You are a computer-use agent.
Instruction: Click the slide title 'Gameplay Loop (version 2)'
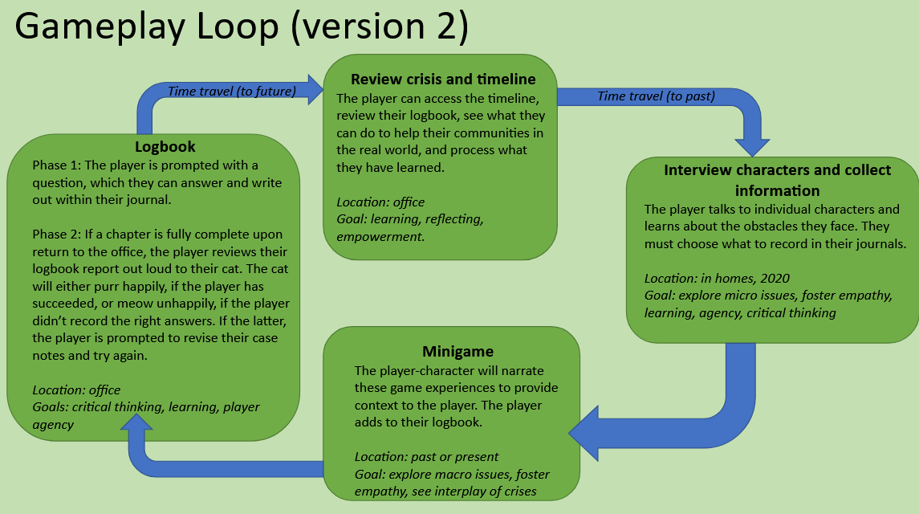coord(241,27)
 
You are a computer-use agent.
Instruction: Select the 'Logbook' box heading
coord(165,147)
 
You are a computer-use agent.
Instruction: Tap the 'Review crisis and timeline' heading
coord(443,80)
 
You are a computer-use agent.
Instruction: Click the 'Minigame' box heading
coord(457,352)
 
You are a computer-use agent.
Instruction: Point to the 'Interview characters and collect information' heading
coord(777,181)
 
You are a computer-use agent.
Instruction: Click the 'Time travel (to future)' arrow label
coord(232,91)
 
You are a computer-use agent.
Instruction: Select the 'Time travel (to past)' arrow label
coord(657,96)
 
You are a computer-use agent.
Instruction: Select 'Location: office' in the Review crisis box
coord(380,202)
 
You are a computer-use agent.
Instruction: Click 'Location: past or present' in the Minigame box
coord(426,457)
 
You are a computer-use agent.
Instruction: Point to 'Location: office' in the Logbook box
coord(76,390)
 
